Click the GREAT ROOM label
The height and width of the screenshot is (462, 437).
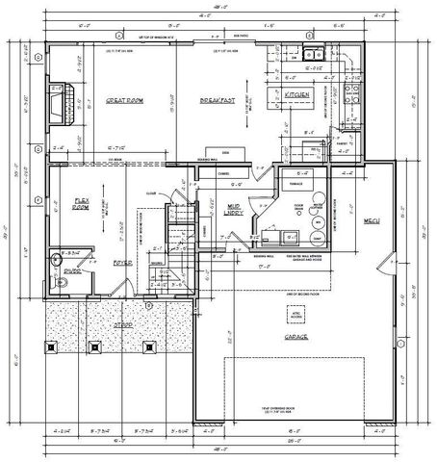click(x=124, y=100)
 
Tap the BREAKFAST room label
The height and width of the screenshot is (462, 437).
click(x=218, y=100)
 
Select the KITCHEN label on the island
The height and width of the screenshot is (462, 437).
click(x=296, y=95)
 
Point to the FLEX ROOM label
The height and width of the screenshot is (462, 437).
click(x=81, y=204)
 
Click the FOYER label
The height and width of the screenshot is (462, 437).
click(x=121, y=261)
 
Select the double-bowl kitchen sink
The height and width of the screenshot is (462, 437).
click(x=313, y=67)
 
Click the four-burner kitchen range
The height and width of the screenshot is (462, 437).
click(x=350, y=95)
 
